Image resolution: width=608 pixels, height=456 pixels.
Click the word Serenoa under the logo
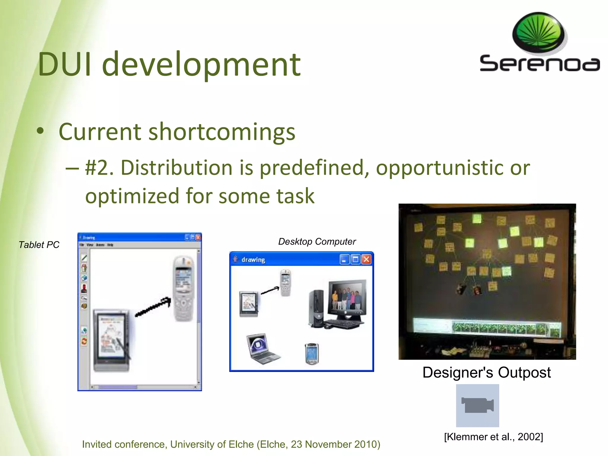539,64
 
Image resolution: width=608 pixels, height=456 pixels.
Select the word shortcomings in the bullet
222,132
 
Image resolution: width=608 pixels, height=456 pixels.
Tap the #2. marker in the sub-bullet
99,168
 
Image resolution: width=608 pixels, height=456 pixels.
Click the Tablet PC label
39,245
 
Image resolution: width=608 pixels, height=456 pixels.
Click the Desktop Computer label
317,242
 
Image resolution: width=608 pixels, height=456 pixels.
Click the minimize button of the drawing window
344,260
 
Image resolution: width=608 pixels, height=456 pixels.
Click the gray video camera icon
477,406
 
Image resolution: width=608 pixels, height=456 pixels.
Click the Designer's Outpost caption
487,373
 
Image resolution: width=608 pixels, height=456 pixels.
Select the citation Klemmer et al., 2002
493,437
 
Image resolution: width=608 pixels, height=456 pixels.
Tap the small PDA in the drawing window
311,354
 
